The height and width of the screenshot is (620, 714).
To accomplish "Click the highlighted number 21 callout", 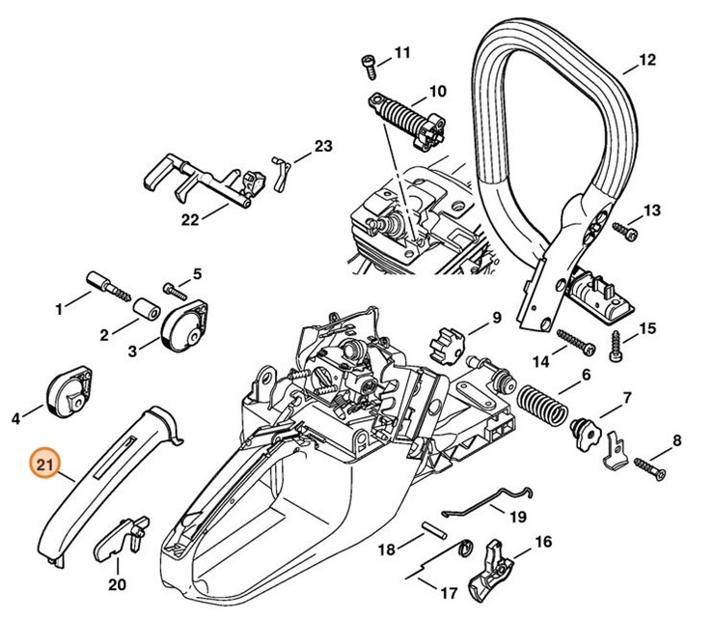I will pos(43,465).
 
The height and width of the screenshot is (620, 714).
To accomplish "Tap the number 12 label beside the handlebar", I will pos(646,60).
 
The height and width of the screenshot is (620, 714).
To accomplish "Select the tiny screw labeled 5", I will pos(175,288).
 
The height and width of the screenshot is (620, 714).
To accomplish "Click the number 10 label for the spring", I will pos(437,92).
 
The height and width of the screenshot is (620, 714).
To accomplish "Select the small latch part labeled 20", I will pos(123,534).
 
